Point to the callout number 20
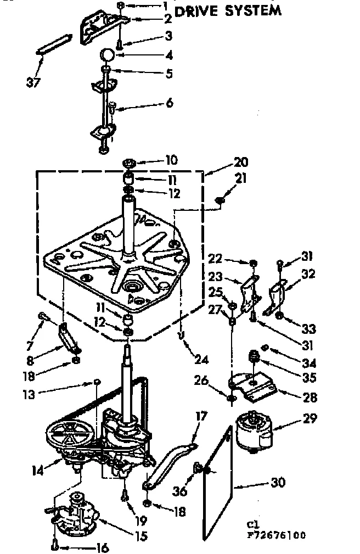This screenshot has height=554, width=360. click(x=240, y=163)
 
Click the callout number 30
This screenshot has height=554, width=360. click(x=278, y=483)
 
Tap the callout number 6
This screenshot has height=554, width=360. click(x=170, y=103)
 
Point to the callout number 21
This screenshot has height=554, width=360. click(x=241, y=179)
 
